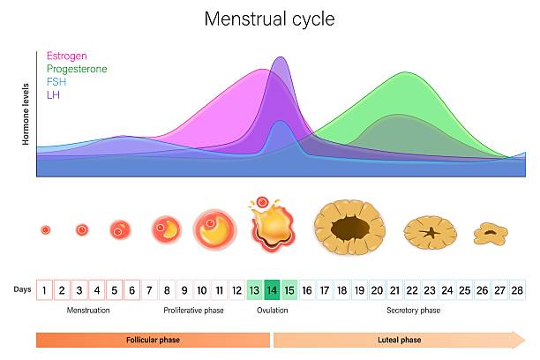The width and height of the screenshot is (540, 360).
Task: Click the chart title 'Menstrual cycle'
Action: pyautogui.click(x=269, y=19)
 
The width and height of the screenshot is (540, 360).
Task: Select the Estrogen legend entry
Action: pyautogui.click(x=67, y=56)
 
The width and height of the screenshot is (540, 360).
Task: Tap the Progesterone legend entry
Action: pyautogui.click(x=76, y=69)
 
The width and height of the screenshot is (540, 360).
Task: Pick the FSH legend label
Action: pyautogui.click(x=56, y=81)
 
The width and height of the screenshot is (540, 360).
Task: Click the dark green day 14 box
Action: pyautogui.click(x=272, y=289)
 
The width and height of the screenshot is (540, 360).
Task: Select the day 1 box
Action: pyautogui.click(x=44, y=289)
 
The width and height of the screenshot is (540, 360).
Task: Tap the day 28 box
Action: pyautogui.click(x=517, y=289)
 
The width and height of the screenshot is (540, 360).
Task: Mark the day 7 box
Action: pyautogui.click(x=149, y=289)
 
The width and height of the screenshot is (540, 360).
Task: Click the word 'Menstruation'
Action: pyautogui.click(x=88, y=311)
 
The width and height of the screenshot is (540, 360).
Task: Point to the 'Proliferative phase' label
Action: pyautogui.click(x=193, y=311)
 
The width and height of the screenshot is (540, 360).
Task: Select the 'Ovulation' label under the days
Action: pyautogui.click(x=272, y=311)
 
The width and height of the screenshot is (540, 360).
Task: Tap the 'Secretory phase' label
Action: pyautogui.click(x=413, y=311)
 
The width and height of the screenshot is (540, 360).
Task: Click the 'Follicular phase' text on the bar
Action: pyautogui.click(x=153, y=339)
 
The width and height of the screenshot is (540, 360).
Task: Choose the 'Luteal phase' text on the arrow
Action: pyautogui.click(x=399, y=339)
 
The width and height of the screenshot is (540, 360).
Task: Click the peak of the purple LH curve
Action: pyautogui.click(x=280, y=58)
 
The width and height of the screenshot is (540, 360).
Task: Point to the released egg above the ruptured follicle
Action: pyautogui.click(x=261, y=203)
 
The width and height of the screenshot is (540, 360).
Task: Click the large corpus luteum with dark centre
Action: pyautogui.click(x=349, y=229)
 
